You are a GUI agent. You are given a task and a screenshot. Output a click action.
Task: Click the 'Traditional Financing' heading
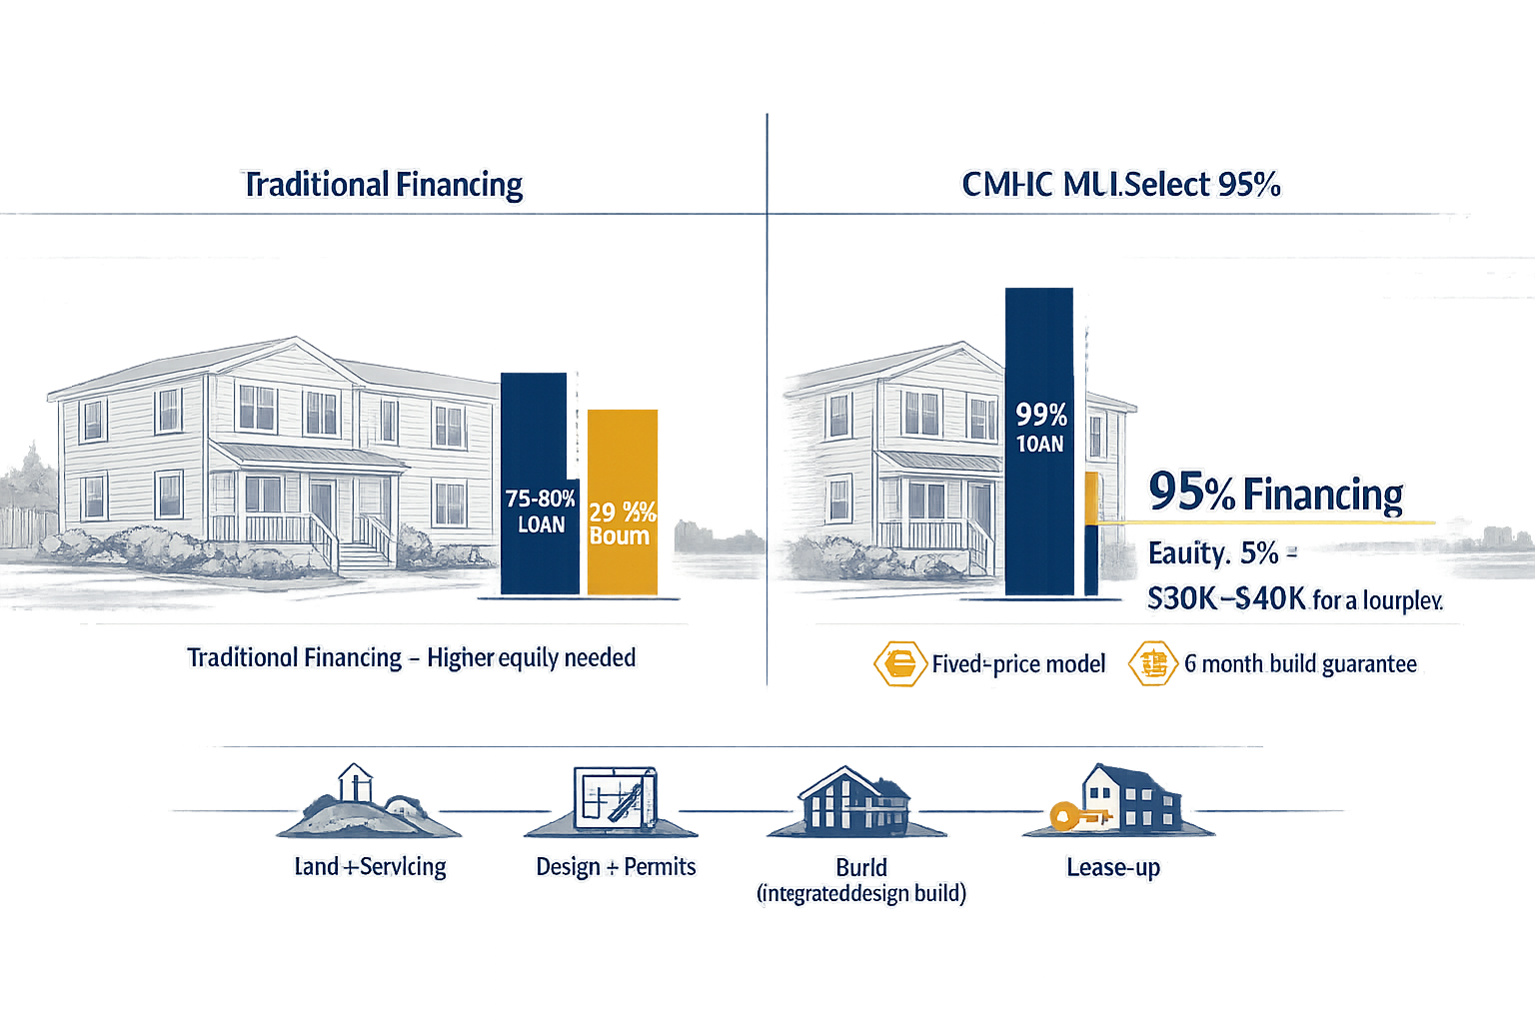pos(383,185)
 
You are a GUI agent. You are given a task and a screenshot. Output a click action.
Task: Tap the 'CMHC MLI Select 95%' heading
pos(1120,185)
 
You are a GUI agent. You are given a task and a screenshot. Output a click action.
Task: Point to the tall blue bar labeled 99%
pos(1039,440)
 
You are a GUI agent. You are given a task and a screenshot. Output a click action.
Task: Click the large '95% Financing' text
pos(1276,494)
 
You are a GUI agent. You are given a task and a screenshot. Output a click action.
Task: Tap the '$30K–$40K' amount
pos(1226,598)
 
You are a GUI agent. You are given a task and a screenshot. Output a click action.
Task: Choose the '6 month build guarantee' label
pos(1300,663)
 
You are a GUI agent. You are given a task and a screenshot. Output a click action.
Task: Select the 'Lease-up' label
pos(1113,867)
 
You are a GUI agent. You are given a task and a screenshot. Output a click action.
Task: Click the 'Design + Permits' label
pos(616,867)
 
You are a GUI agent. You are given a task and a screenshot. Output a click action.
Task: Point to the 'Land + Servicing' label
pos(370,867)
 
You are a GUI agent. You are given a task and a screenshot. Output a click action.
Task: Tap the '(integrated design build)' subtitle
pos(861,893)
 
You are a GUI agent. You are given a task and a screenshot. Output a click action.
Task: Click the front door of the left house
pos(322,510)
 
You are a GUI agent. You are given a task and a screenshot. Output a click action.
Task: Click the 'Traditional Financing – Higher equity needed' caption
pos(411,657)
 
